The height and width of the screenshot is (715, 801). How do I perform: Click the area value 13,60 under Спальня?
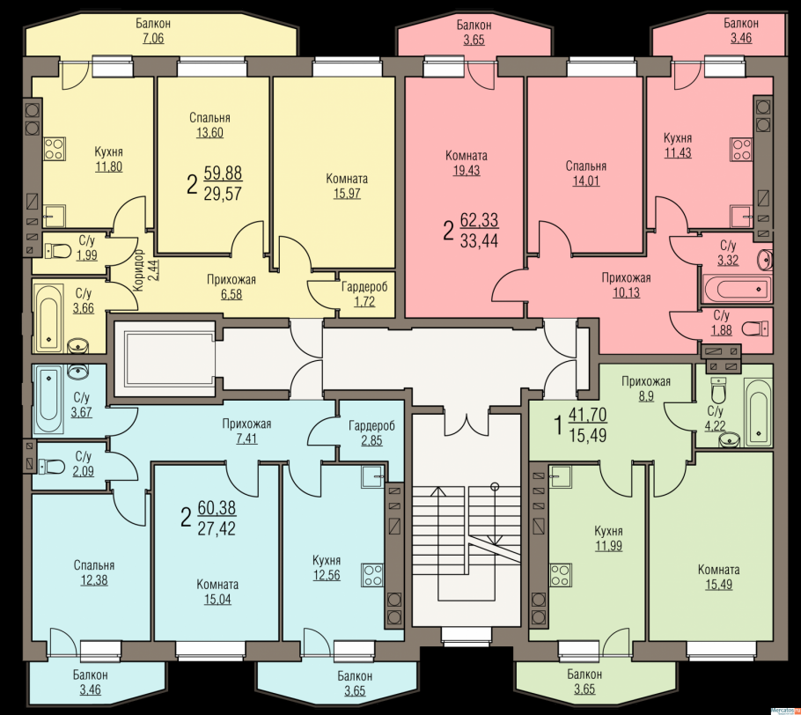pyautogui.click(x=210, y=133)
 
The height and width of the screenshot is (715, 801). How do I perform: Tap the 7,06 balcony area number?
pyautogui.click(x=154, y=39)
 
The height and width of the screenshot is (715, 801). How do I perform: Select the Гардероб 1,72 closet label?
pyautogui.click(x=364, y=294)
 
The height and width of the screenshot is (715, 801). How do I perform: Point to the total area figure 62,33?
pyautogui.click(x=479, y=220)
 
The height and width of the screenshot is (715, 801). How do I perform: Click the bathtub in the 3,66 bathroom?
pyautogui.click(x=49, y=318)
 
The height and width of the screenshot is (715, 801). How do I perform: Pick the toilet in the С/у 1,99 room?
pyautogui.click(x=58, y=251)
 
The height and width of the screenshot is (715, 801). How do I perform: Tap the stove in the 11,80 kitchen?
pyautogui.click(x=55, y=149)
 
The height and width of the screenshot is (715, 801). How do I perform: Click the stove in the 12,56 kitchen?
pyautogui.click(x=372, y=574)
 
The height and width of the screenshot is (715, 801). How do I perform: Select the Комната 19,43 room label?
pyautogui.click(x=467, y=163)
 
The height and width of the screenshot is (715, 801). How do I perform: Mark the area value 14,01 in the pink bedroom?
pyautogui.click(x=586, y=181)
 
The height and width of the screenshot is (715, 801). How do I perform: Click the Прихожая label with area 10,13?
pyautogui.click(x=627, y=285)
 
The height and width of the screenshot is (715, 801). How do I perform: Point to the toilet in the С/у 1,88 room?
pyautogui.click(x=755, y=328)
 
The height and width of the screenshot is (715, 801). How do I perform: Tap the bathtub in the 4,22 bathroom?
pyautogui.click(x=758, y=412)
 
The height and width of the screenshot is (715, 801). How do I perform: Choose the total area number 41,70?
pyautogui.click(x=587, y=415)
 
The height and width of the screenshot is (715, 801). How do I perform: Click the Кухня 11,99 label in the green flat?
pyautogui.click(x=608, y=538)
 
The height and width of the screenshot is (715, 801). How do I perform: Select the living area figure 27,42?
pyautogui.click(x=217, y=528)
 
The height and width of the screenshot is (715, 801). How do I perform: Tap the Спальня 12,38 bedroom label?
pyautogui.click(x=94, y=573)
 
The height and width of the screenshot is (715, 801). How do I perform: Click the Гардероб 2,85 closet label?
pyautogui.click(x=371, y=433)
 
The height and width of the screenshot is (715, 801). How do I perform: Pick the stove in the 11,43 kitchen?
pyautogui.click(x=741, y=149)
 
